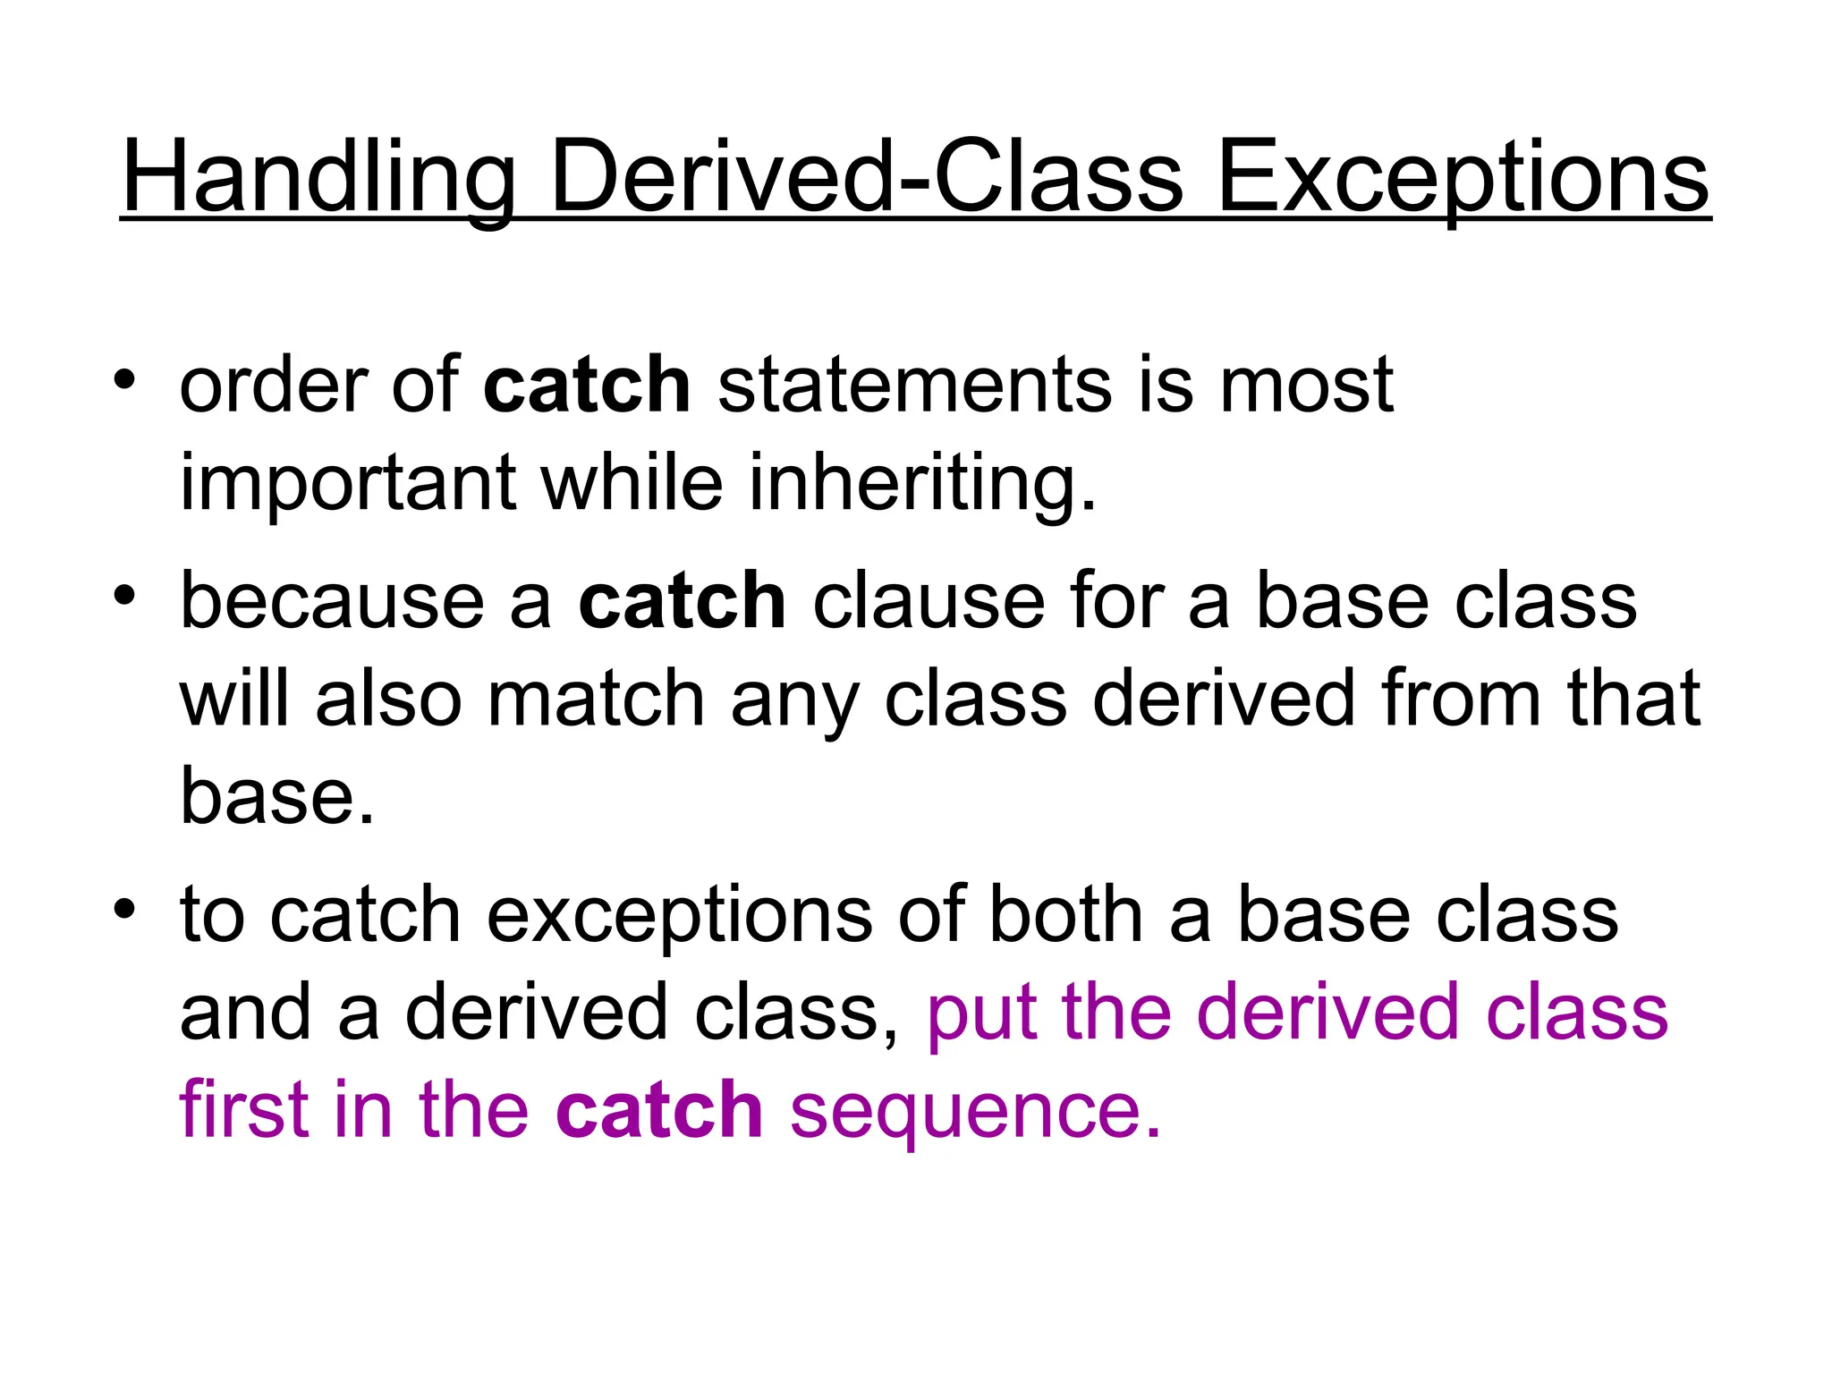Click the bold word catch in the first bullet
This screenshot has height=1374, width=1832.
[587, 385]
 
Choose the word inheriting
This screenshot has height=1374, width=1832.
[922, 483]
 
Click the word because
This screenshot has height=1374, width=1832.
[332, 600]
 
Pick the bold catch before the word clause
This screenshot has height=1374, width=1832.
[682, 600]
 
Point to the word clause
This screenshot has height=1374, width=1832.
[929, 600]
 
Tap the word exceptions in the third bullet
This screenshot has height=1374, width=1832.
[679, 915]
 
